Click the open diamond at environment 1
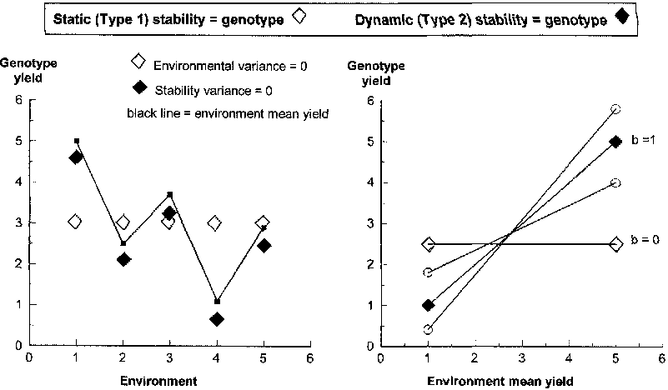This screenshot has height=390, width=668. click(x=76, y=222)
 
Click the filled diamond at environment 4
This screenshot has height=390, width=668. click(x=217, y=319)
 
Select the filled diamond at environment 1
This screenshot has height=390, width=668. click(x=76, y=157)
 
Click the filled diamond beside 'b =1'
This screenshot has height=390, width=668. click(x=615, y=142)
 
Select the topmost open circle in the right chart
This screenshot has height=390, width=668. click(x=615, y=109)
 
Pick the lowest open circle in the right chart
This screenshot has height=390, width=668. click(x=428, y=330)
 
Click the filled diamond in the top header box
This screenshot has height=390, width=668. click(x=619, y=18)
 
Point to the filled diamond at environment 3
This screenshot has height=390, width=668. click(x=169, y=213)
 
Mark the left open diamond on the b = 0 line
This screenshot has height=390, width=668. click(x=428, y=244)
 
